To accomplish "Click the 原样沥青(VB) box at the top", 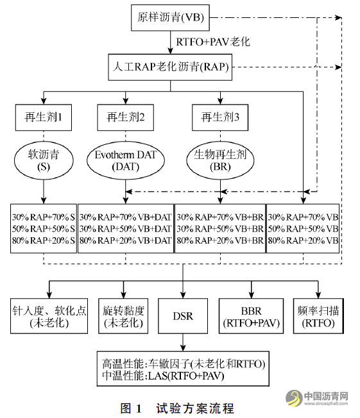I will pos(171,17).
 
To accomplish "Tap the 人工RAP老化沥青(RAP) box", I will pos(171,65).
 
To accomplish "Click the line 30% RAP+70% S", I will pos(43,217).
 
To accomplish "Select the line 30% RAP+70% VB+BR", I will pos(220,217).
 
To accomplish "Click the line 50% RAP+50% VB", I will pos(303,228).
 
